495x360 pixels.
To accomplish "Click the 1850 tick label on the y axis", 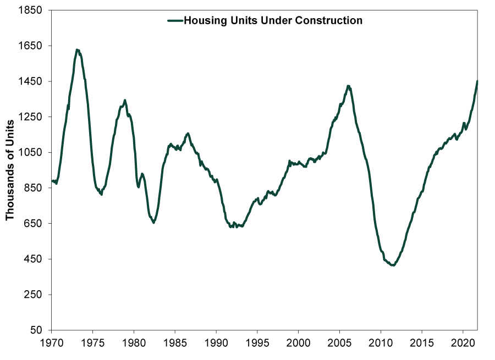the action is click(x=31, y=10).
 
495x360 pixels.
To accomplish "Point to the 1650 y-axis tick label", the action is click(x=31, y=46).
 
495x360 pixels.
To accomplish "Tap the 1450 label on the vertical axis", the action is click(x=31, y=81).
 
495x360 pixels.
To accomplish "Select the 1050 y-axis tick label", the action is click(x=31, y=152).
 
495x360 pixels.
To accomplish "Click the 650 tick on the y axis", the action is click(x=34, y=223).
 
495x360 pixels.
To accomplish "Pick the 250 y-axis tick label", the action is click(x=34, y=295).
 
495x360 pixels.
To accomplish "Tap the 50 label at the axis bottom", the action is click(x=36, y=330).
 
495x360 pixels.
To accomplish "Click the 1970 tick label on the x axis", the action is click(x=52, y=343).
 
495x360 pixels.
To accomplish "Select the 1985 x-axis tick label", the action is click(x=175, y=343).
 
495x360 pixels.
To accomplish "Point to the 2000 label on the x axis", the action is click(x=298, y=343).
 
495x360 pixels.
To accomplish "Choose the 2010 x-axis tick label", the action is click(x=381, y=343).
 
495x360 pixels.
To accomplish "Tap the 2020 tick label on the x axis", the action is click(x=463, y=343).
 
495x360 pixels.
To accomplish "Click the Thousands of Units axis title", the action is click(x=10, y=170).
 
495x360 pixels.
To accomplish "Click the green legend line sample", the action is click(x=175, y=21).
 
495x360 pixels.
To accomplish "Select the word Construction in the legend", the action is click(x=328, y=20).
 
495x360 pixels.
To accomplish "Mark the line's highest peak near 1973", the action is click(x=77, y=50).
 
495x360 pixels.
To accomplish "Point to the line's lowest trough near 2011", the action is click(x=393, y=265).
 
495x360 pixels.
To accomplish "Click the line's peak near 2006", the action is click(x=348, y=86).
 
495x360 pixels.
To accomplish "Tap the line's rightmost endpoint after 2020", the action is click(x=477, y=81).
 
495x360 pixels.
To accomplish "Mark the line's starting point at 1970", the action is click(x=52, y=181).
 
